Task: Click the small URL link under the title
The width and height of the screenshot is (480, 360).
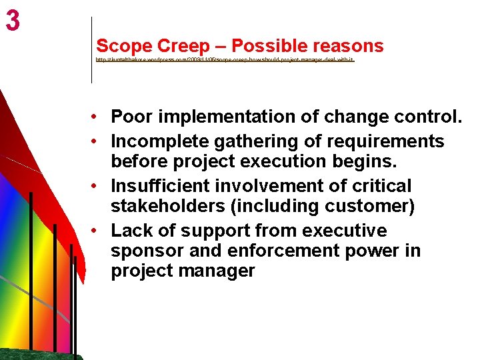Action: [x=225, y=59]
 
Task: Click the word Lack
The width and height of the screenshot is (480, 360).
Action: [x=130, y=231]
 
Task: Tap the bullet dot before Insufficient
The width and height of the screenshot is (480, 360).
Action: [x=97, y=186]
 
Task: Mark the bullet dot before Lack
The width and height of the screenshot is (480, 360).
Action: [x=97, y=231]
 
